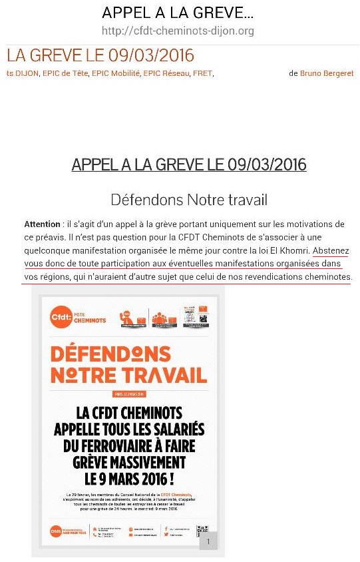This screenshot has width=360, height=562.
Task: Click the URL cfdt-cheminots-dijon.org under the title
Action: coord(178,31)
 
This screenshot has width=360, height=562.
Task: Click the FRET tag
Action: coord(202,74)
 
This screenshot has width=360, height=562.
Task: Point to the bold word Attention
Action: coord(42,224)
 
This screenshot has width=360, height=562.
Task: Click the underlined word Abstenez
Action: coord(331,251)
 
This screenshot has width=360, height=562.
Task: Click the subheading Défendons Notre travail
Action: coord(189,199)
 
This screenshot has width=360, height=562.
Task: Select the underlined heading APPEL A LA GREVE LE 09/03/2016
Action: coord(189,164)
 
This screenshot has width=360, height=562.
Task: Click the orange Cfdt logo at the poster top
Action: coord(61,316)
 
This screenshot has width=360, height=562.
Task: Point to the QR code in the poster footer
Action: coord(202,531)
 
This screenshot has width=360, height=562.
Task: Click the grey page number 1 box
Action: coord(208,542)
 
